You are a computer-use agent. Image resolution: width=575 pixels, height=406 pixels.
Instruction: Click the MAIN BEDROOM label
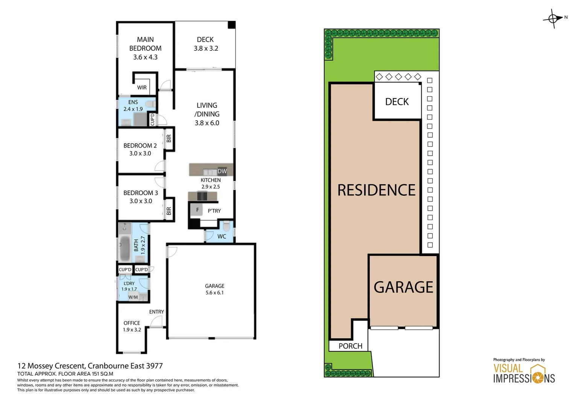coord(145,44)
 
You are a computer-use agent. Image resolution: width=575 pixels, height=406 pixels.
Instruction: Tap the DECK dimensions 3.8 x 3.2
coord(206,48)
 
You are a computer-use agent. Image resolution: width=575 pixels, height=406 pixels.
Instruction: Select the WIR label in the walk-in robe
coord(142,88)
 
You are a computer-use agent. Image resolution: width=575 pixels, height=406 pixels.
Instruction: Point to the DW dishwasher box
coord(222,171)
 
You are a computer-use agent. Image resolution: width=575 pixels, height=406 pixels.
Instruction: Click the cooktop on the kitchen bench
coord(202,196)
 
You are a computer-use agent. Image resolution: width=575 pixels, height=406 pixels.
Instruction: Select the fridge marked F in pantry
coord(197,210)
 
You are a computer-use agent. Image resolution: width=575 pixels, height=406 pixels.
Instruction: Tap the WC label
coord(222,236)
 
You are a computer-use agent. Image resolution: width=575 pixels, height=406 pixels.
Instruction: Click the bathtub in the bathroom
coord(125,248)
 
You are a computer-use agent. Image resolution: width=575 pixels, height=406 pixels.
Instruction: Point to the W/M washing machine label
coord(133,297)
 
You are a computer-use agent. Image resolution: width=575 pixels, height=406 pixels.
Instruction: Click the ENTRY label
coord(157,312)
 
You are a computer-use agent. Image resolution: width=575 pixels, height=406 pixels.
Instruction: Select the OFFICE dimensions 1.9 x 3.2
coord(132,330)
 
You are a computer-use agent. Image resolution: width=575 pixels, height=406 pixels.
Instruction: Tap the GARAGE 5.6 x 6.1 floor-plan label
coord(214,289)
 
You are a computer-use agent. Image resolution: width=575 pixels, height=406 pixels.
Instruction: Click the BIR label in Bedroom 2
coord(169,138)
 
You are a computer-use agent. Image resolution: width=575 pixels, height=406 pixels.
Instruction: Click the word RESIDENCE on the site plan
coord(376,190)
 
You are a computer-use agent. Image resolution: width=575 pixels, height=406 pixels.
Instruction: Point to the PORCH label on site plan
coord(350,346)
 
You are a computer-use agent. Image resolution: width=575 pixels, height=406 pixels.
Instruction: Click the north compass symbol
coord(553,18)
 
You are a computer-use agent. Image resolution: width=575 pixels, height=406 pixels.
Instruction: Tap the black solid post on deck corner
coord(231,25)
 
